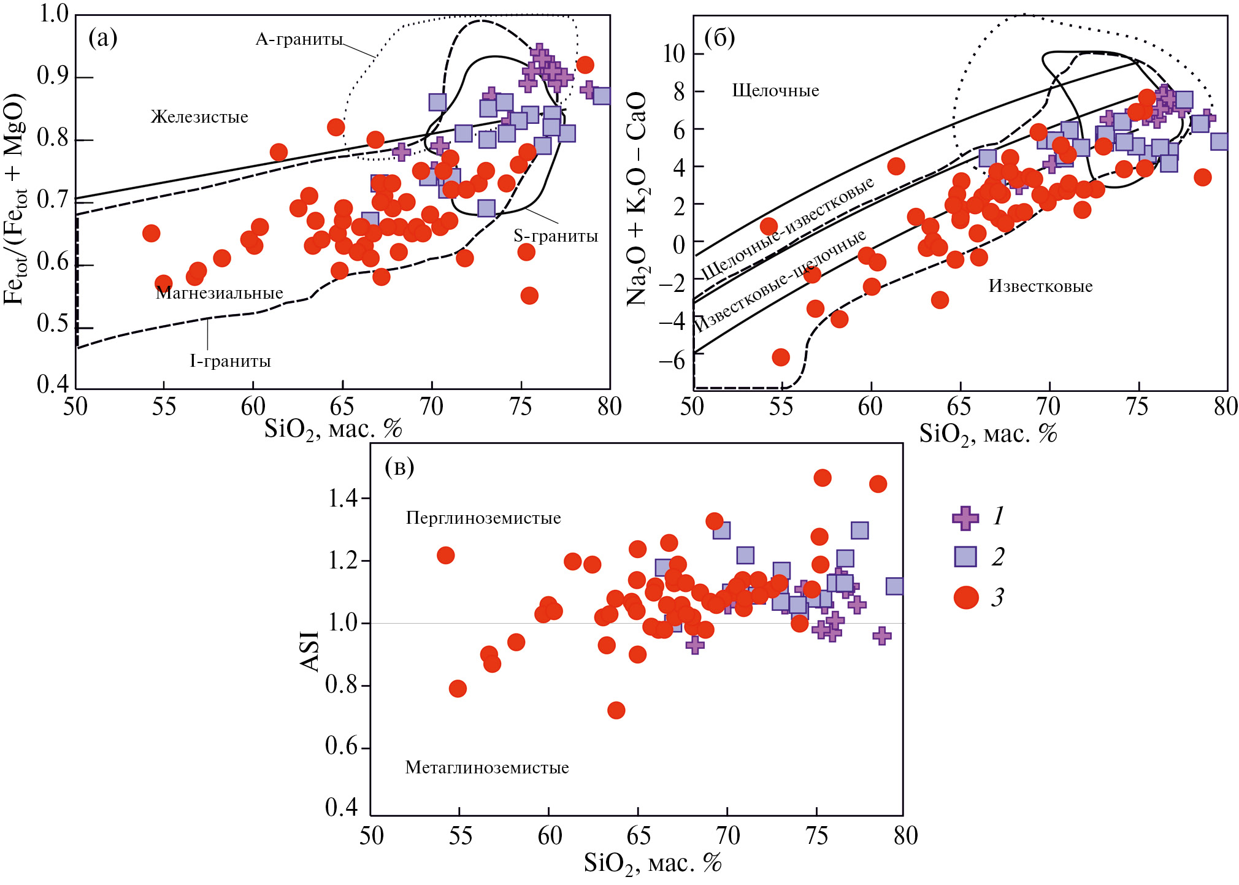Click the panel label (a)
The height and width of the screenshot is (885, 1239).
click(102, 38)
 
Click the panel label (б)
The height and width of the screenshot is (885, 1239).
click(719, 38)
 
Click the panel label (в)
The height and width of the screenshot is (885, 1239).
click(399, 467)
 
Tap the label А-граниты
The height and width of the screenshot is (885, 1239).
click(299, 40)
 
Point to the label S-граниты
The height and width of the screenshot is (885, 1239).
click(556, 236)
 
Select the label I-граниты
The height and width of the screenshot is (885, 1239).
click(230, 361)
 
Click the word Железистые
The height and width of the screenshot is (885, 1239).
click(199, 117)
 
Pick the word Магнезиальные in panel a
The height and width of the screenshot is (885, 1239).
click(220, 293)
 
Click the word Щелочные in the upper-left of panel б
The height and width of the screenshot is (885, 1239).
click(775, 91)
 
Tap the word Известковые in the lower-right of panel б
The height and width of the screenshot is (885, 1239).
click(1040, 286)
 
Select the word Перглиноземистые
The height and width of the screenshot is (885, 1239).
click(483, 518)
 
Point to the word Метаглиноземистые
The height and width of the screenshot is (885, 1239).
click(487, 768)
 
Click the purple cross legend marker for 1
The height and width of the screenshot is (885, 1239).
click(965, 518)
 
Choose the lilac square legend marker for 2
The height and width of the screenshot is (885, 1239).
click(965, 557)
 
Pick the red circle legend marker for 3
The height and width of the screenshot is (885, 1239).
click(966, 597)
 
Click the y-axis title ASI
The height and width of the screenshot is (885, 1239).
click(310, 651)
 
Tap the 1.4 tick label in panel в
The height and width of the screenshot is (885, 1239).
click(342, 499)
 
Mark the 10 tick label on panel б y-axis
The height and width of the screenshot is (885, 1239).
click(673, 54)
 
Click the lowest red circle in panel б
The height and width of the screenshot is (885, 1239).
click(780, 358)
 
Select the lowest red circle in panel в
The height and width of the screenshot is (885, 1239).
click(616, 710)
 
